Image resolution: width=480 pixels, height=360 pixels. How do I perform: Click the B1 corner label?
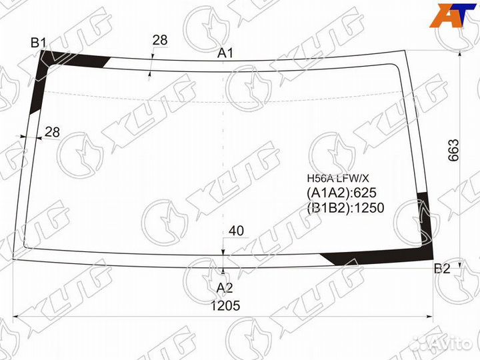click(38, 43)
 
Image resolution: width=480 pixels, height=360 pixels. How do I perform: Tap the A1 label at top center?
click(225, 53)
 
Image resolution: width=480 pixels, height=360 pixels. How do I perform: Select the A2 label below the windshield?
click(225, 288)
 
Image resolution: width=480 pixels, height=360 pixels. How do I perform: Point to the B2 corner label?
click(443, 269)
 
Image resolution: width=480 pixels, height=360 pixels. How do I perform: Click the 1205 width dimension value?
click(225, 305)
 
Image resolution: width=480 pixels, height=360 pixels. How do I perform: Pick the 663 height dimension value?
click(453, 150)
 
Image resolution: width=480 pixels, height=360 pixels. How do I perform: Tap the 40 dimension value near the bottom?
click(236, 231)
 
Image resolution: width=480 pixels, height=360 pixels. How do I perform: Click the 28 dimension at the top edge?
click(160, 40)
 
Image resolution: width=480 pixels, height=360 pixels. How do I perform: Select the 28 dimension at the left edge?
click(52, 132)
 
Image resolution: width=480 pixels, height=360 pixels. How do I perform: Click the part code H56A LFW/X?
click(338, 179)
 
